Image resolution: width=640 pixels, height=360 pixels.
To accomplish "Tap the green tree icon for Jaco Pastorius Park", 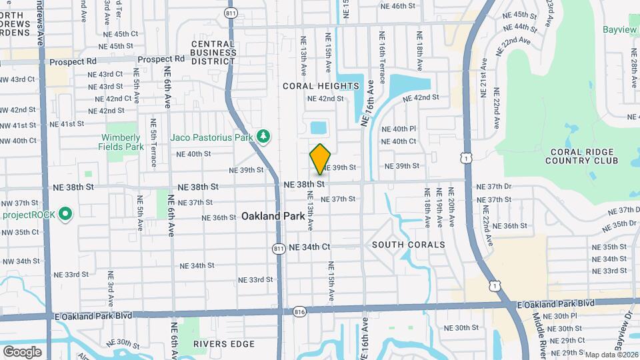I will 265,137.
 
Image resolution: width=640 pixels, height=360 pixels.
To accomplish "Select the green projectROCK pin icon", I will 65,215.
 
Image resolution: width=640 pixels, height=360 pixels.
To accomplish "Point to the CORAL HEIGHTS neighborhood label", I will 321,86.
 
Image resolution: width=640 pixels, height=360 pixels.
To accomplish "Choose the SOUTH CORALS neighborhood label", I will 408,245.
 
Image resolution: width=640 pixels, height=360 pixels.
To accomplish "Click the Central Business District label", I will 213,53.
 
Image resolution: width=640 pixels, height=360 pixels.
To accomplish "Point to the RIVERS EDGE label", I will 224,344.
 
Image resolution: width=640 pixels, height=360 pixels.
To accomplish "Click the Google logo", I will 22,351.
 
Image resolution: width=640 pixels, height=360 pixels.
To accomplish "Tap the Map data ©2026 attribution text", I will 611,355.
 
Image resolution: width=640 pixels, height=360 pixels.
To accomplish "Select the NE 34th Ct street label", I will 309,247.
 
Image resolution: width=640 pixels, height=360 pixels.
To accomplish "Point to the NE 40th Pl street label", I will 399,129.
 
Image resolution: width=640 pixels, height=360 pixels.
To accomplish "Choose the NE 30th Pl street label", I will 559,316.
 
